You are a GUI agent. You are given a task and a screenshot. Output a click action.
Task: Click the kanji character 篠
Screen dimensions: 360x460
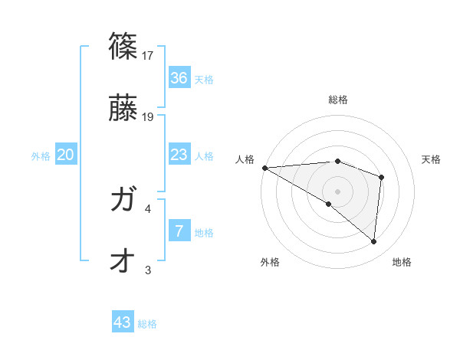[123, 47]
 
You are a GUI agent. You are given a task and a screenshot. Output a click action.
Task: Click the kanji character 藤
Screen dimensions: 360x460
[123, 110]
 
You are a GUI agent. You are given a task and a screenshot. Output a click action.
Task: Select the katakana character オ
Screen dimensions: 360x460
[123, 261]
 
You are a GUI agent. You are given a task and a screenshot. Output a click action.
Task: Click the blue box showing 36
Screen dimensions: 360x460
[179, 77]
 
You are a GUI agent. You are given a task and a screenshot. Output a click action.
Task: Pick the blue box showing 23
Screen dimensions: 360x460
[179, 155]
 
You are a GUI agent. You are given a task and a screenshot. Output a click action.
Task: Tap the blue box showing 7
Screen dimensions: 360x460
[179, 231]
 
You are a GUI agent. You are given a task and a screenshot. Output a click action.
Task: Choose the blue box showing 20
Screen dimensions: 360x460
[66, 155]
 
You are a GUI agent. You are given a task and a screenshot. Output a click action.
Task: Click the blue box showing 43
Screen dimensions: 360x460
[123, 322]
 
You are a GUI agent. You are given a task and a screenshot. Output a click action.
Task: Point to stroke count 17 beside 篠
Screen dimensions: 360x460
[149, 56]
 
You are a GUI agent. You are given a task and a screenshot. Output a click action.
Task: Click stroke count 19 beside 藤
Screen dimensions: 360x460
[149, 117]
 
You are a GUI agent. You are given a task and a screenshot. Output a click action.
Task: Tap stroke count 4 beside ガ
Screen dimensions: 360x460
[148, 208]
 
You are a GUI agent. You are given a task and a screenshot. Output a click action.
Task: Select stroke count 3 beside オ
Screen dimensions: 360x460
[148, 270]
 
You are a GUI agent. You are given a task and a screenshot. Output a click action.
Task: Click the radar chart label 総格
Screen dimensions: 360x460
[338, 100]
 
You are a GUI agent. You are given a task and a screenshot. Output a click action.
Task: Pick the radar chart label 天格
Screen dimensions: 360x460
[432, 159]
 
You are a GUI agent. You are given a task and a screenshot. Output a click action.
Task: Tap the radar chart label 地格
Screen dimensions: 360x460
[402, 262]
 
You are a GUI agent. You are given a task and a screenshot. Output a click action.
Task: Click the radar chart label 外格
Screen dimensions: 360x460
[270, 262]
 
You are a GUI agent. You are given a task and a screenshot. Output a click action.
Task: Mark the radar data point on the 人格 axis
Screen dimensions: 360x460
[264, 167]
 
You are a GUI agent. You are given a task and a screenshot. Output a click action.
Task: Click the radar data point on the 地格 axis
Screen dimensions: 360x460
[373, 241]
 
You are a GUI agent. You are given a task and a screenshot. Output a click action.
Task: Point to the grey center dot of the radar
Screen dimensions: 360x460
[337, 191]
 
